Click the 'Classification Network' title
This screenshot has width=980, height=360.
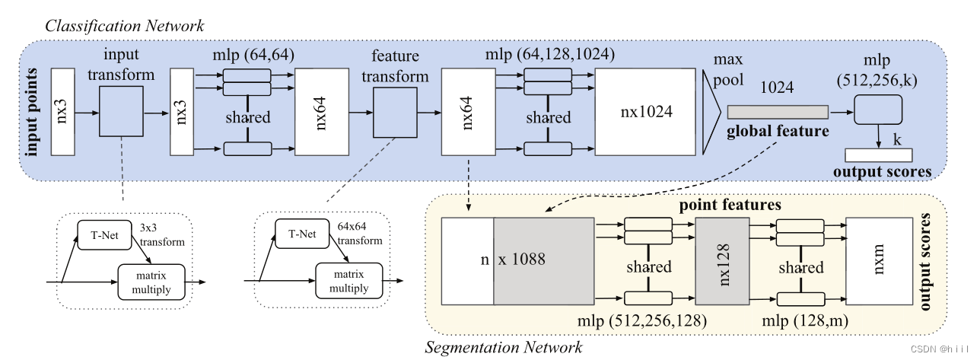(125, 25)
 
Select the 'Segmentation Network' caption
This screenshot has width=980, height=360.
(503, 348)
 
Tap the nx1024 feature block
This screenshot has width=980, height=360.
(644, 110)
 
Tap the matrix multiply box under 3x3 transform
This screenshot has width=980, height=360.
(151, 282)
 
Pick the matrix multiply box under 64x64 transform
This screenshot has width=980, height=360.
(347, 282)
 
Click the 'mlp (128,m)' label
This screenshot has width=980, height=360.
(801, 320)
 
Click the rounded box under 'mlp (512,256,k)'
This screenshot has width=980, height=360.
(878, 111)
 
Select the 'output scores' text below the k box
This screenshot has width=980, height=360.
(883, 170)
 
